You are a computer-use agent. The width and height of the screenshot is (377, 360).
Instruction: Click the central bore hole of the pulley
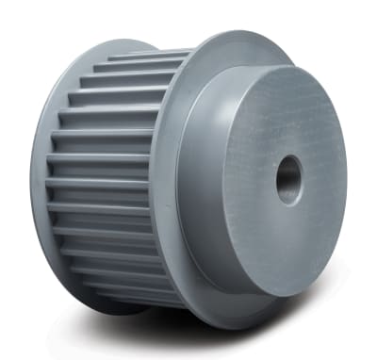(x=289, y=178)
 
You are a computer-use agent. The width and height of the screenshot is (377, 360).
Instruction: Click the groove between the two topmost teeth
(x=141, y=63)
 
